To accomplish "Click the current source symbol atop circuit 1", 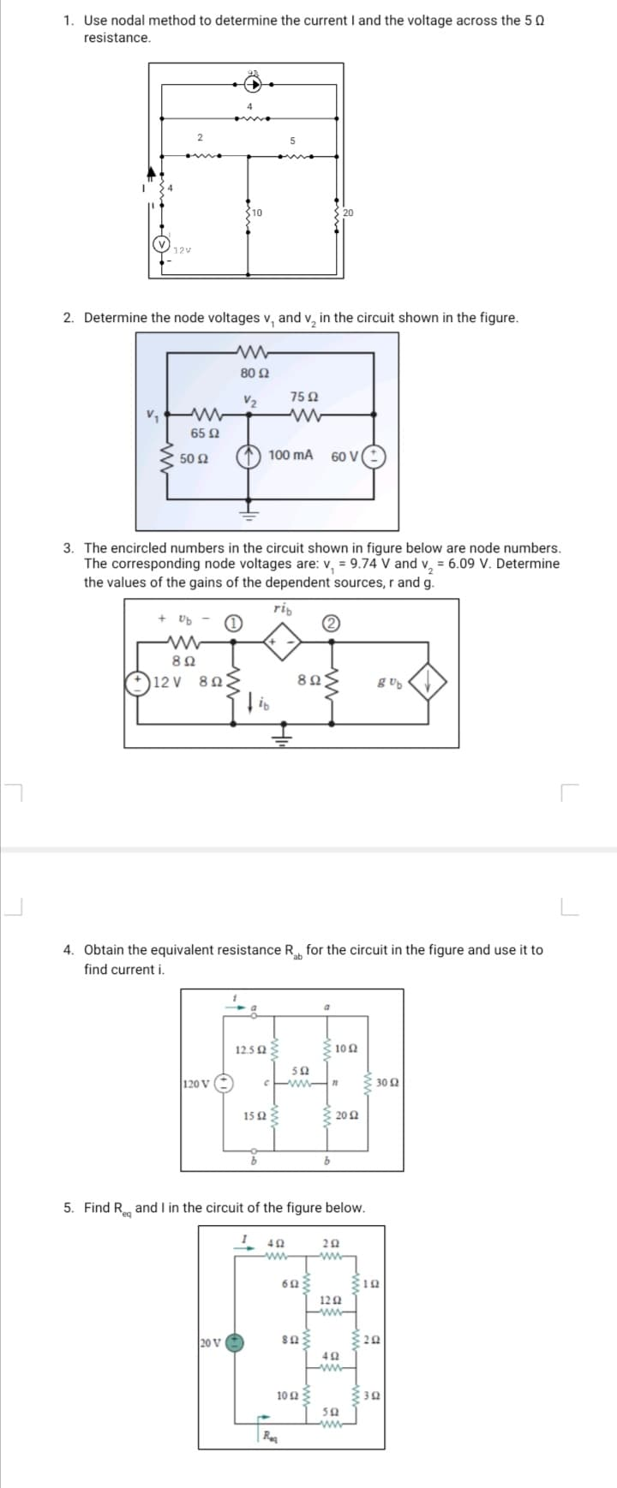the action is (252, 84).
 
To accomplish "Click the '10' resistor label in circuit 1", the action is (257, 212).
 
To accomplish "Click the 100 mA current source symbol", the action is (250, 456).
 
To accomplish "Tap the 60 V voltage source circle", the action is (376, 456).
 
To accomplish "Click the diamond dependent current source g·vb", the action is (429, 682).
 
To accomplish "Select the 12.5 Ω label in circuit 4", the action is (249, 1049).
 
